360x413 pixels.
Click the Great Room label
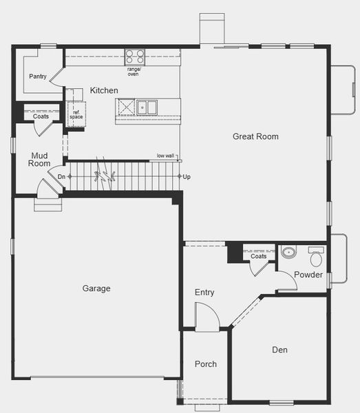255,136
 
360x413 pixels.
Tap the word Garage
96,288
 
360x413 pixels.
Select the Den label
279,350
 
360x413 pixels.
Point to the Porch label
205,364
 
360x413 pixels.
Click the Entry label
204,293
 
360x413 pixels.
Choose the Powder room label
308,275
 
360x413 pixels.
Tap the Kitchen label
104,90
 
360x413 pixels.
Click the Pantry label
38,76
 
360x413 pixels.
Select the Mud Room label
39,160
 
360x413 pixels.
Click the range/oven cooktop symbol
134,56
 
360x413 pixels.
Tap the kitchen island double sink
146,107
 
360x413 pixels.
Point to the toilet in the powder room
316,257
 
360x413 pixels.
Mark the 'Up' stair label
187,177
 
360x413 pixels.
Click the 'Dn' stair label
61,177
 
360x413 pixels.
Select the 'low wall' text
165,156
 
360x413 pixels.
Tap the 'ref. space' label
75,114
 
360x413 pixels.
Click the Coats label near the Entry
258,256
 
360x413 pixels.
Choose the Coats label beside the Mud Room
41,116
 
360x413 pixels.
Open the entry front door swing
207,317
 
